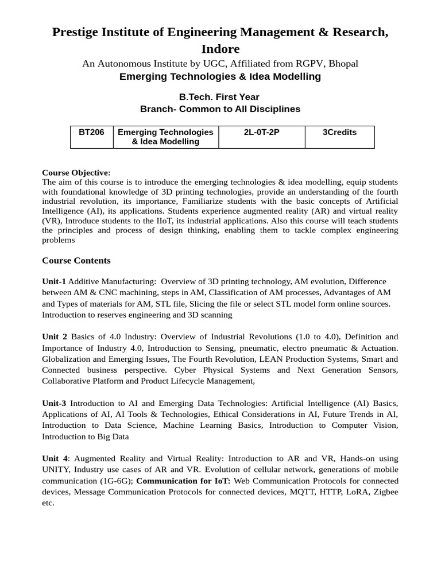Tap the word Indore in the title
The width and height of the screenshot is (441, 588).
[x=220, y=49]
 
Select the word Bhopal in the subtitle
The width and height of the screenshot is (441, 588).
[x=342, y=63]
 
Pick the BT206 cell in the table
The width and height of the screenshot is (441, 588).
[x=91, y=132]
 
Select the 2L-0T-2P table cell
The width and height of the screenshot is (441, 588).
[x=261, y=132]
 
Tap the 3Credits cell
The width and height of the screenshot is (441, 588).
[x=339, y=132]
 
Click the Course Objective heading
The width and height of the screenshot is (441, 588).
[x=76, y=172]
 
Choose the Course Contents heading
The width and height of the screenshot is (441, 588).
[x=76, y=260]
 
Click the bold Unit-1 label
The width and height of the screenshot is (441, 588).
[x=54, y=281]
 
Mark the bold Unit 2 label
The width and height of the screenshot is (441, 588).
[x=55, y=336]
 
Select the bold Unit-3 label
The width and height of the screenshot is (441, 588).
[x=54, y=403]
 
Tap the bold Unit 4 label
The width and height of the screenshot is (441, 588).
[x=55, y=458]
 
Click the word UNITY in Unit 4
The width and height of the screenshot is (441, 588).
[x=56, y=469]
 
